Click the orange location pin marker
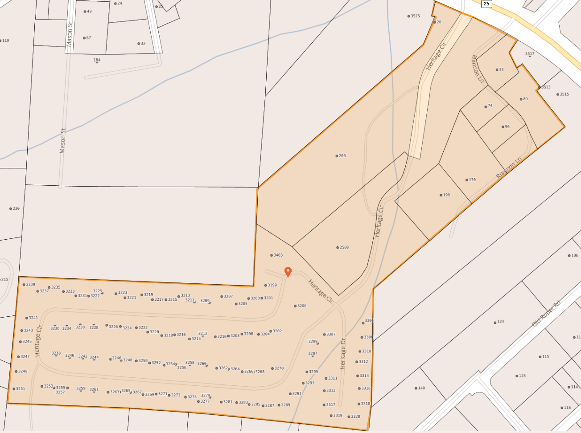[288, 271]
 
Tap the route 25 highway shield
[486, 4]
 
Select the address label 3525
[415, 16]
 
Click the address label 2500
[344, 247]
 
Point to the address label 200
[342, 156]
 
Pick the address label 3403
[278, 255]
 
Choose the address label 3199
[272, 285]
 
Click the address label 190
[446, 195]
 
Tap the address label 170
[472, 180]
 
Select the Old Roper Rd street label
[546, 314]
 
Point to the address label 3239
[30, 284]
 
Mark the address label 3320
[355, 417]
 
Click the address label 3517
[529, 54]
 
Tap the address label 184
[97, 60]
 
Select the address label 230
[16, 208]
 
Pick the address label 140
[421, 388]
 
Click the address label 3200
[301, 306]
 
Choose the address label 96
[507, 127]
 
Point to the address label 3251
[20, 389]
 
